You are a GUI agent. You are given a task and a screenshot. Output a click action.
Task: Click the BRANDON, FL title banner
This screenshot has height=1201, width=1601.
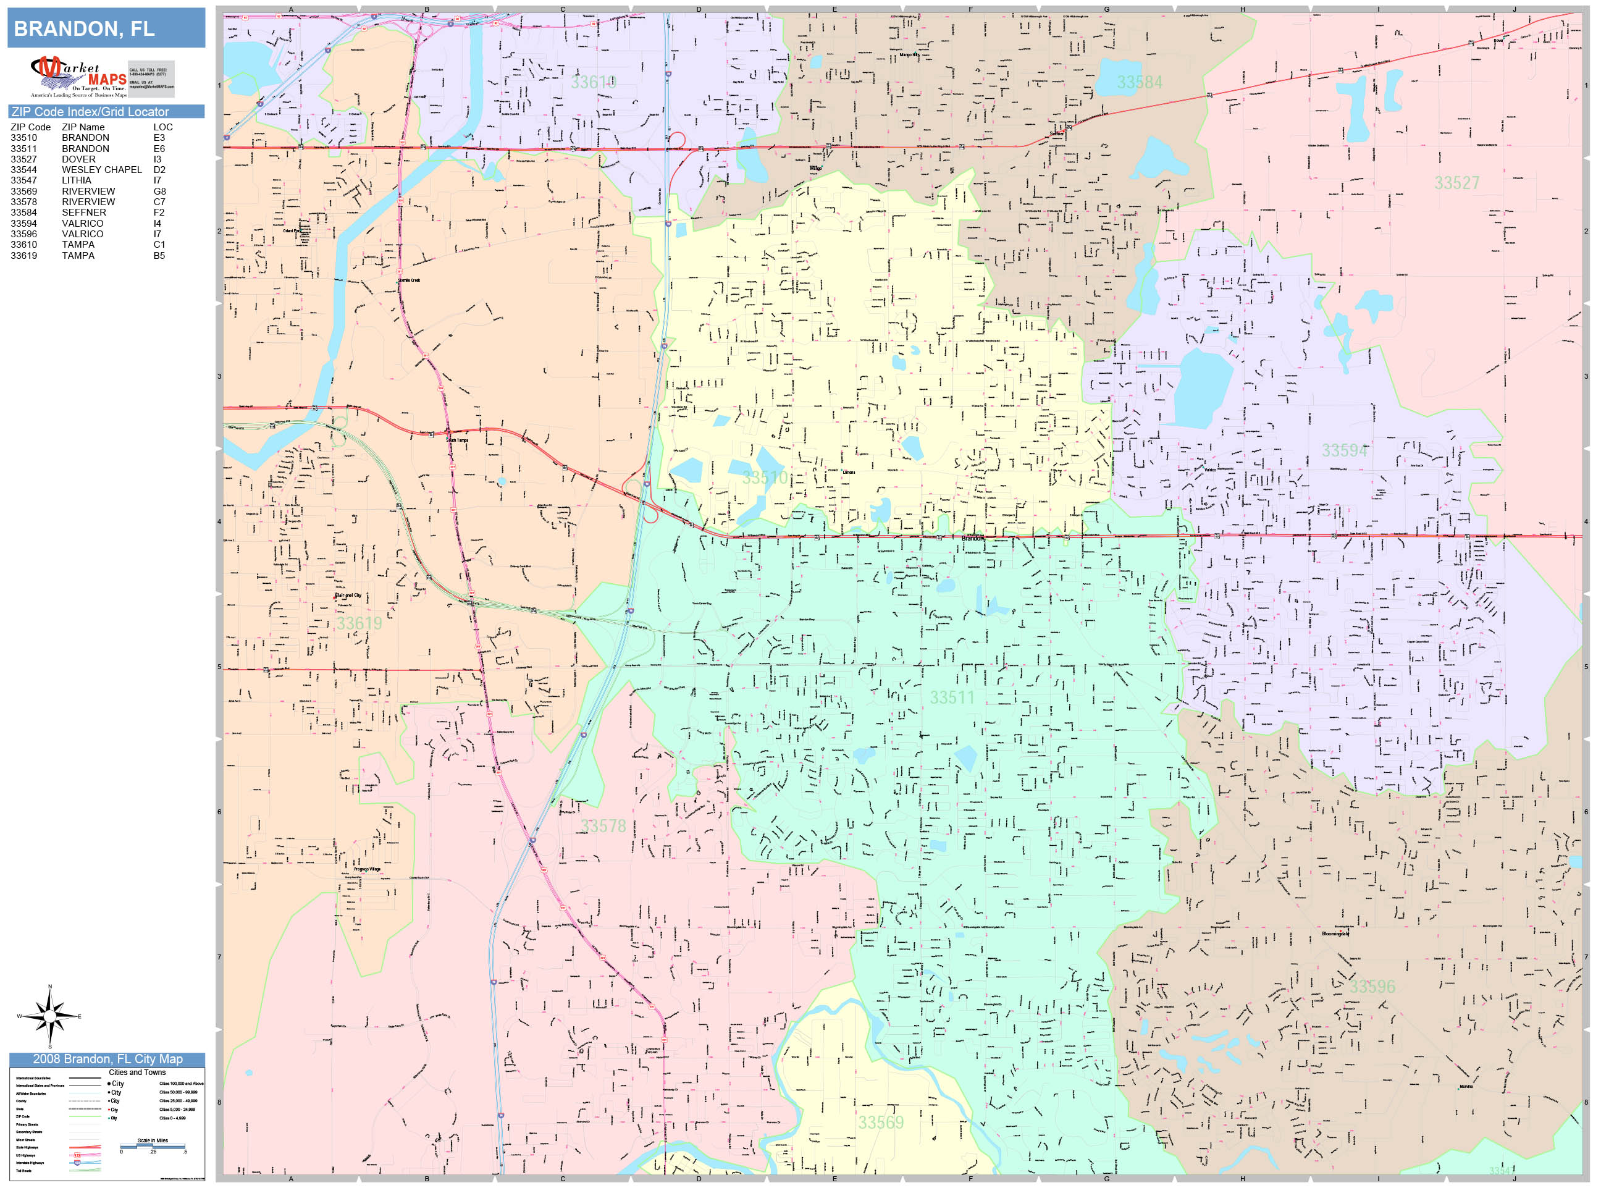[x=106, y=28]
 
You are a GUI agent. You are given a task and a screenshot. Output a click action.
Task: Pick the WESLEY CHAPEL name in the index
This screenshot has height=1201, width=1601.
[x=101, y=169]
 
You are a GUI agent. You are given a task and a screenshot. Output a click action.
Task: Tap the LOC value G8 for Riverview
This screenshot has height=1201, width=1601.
[x=159, y=191]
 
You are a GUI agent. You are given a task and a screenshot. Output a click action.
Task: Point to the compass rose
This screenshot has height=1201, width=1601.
[x=49, y=1016]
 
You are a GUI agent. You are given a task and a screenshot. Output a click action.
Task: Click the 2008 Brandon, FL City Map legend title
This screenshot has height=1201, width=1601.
[x=107, y=1059]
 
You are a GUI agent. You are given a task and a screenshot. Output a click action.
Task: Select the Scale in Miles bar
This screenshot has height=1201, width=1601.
[x=153, y=1146]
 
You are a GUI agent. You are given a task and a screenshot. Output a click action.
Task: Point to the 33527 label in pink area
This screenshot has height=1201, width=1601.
[x=1457, y=183]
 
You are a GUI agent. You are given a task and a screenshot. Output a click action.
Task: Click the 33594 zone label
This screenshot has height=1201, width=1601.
[x=1344, y=451]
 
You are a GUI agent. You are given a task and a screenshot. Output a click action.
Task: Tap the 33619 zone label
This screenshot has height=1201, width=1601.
[x=358, y=623]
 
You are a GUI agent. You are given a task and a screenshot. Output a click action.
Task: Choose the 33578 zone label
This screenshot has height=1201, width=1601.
[x=603, y=826]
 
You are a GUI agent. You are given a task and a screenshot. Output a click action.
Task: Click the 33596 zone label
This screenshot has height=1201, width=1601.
[x=1372, y=987]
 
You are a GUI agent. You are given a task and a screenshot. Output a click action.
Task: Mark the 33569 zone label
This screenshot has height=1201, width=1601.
[x=881, y=1123]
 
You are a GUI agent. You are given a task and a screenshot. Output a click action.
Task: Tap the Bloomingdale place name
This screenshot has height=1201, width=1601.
[x=1335, y=934]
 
